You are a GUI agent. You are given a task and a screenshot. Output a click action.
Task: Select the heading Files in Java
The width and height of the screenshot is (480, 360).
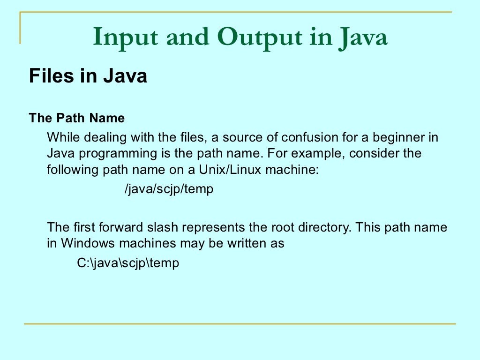(88, 76)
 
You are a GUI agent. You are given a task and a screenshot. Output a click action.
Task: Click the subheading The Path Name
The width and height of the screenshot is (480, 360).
(77, 118)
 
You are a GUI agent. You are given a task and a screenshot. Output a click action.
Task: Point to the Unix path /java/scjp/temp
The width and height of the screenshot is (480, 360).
(169, 190)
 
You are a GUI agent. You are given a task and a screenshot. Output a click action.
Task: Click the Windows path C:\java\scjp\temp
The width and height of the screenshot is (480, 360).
(128, 263)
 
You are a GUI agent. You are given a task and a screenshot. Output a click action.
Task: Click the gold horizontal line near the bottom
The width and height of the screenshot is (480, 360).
(240, 324)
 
